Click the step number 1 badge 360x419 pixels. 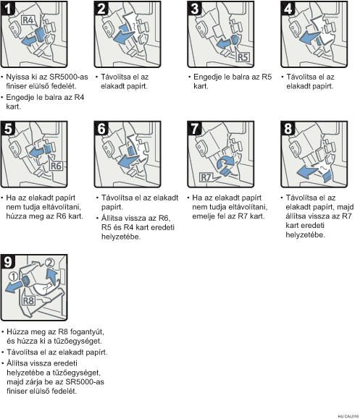click(x=8, y=8)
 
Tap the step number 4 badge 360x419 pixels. click(x=288, y=8)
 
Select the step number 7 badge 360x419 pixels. click(x=195, y=128)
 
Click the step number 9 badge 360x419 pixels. click(x=8, y=262)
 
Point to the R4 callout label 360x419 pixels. click(x=28, y=20)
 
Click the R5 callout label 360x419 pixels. click(x=243, y=57)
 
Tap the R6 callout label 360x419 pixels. click(x=56, y=166)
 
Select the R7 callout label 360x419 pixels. click(x=206, y=177)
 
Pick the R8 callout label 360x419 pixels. click(x=28, y=300)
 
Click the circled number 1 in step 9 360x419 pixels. click(x=13, y=276)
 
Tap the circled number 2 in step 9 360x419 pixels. click(x=49, y=263)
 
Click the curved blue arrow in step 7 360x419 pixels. click(x=225, y=162)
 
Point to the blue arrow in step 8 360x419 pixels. click(x=308, y=171)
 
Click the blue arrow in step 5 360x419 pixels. click(x=36, y=152)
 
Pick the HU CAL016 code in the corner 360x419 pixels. click(x=348, y=416)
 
